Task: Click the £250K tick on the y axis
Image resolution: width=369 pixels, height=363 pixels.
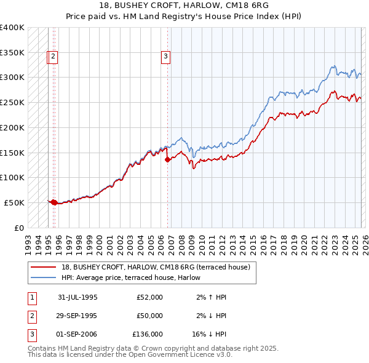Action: pyautogui.click(x=12, y=102)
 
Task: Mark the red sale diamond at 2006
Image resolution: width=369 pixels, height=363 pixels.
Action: pyautogui.click(x=168, y=159)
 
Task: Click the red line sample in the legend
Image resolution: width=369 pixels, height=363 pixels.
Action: pyautogui.click(x=43, y=267)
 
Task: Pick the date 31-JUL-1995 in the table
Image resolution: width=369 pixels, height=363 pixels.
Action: pyautogui.click(x=77, y=297)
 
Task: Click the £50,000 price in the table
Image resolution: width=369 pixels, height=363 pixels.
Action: pyautogui.click(x=150, y=316)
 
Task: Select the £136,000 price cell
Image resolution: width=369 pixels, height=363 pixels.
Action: pyautogui.click(x=148, y=335)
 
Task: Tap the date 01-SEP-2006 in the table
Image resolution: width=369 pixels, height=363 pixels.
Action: pyautogui.click(x=77, y=335)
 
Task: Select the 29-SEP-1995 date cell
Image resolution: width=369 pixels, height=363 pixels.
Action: pyautogui.click(x=77, y=316)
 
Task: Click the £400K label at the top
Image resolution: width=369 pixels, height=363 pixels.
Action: pyautogui.click(x=12, y=28)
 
